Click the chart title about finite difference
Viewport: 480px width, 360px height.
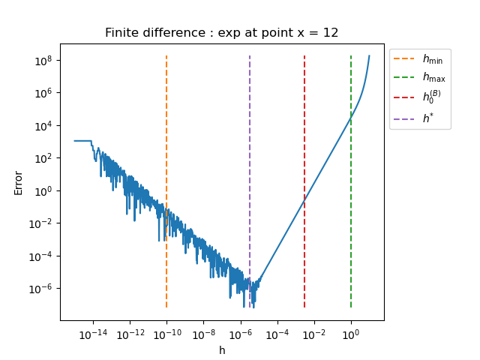coord(222,33)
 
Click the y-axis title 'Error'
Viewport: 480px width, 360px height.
coord(18,182)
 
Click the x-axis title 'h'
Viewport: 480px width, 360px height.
coord(222,350)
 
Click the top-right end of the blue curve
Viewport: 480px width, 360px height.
coord(369,55)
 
